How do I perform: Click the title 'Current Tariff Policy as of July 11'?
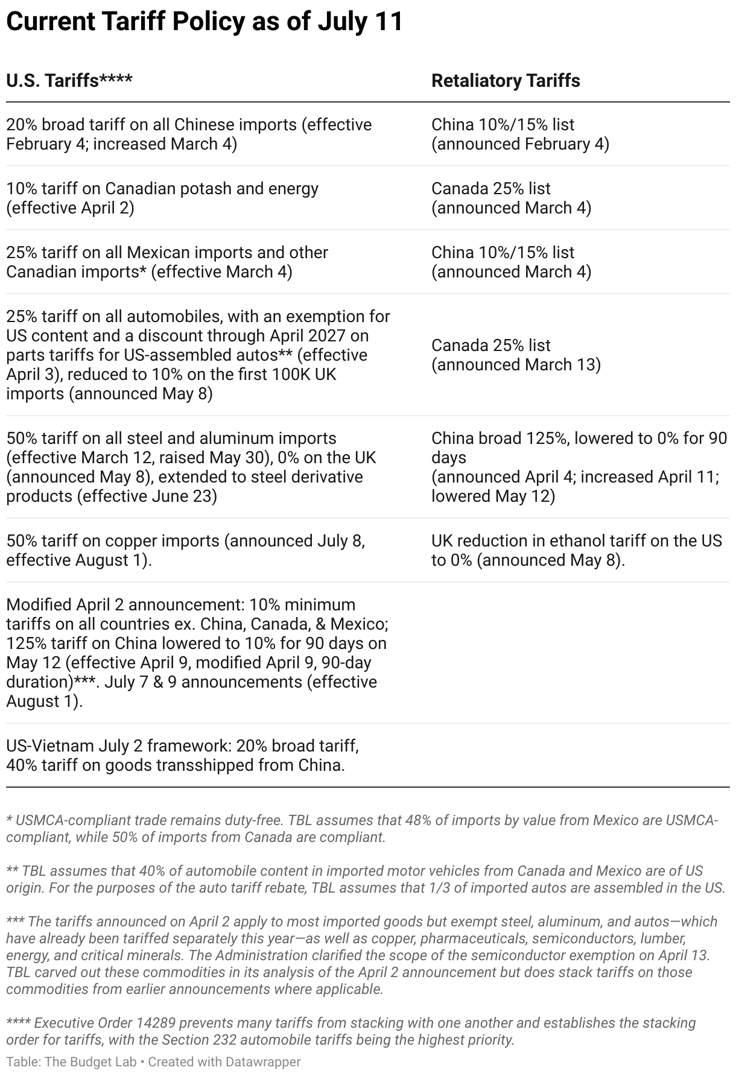click(204, 22)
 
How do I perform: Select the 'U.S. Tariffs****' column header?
click(69, 81)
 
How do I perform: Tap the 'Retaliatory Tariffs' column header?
click(506, 81)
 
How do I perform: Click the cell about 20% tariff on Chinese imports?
click(189, 134)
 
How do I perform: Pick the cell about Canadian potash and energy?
click(162, 198)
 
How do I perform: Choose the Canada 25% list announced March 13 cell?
click(516, 355)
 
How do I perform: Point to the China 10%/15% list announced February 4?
click(520, 134)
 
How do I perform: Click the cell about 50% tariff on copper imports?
click(185, 550)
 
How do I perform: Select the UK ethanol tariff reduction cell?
click(576, 550)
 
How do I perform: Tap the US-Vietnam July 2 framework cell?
click(182, 755)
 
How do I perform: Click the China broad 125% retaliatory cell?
click(579, 467)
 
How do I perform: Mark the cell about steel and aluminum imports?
click(191, 467)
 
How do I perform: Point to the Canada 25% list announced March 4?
click(511, 198)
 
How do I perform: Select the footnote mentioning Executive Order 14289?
click(351, 1031)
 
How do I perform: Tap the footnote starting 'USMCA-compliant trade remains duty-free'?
click(362, 829)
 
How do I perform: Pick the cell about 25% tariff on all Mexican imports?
click(167, 262)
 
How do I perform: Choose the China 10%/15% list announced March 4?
click(511, 262)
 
